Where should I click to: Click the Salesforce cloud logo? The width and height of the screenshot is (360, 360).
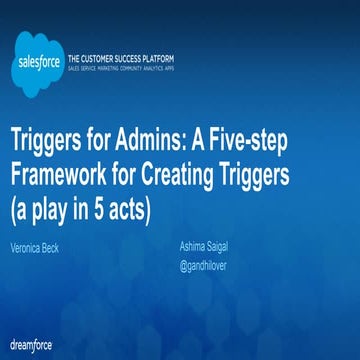(36, 55)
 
